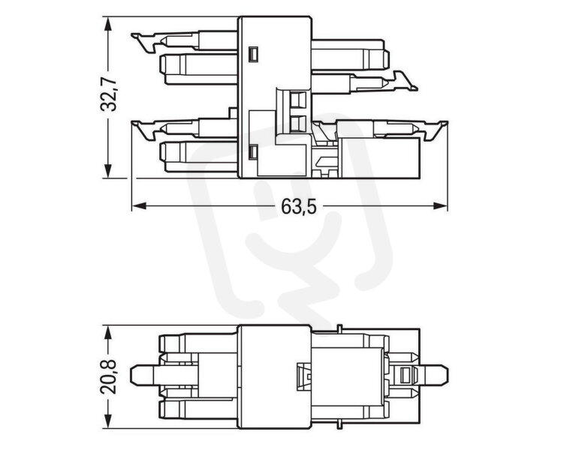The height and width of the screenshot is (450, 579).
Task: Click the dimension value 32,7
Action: point(108,94)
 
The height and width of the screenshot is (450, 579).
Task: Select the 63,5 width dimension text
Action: point(299,206)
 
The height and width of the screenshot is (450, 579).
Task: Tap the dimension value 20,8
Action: point(108,376)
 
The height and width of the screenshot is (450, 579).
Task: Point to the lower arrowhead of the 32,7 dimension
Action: point(108,169)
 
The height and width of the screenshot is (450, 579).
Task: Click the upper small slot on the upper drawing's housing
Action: point(253,54)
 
